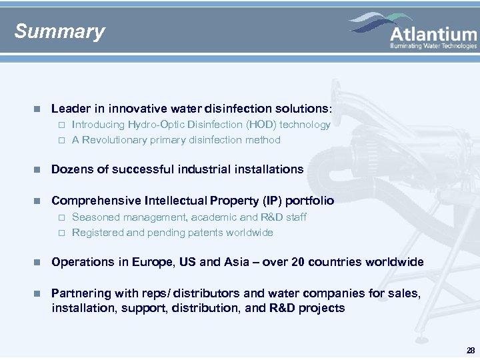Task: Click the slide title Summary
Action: pyautogui.click(x=59, y=31)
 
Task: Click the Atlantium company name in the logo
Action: pyautogui.click(x=433, y=34)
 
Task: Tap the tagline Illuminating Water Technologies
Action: pyautogui.click(x=433, y=46)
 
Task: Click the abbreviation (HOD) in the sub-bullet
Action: pyautogui.click(x=261, y=125)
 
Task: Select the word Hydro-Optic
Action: pyautogui.click(x=158, y=125)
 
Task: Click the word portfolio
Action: pyautogui.click(x=310, y=201)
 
